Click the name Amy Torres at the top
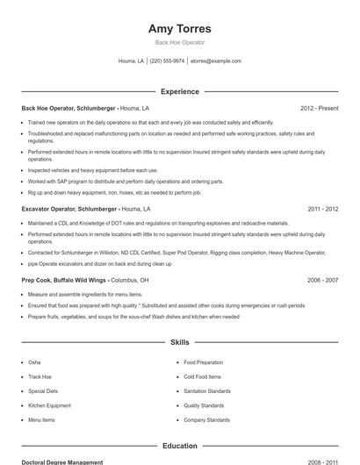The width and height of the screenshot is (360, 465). click(179, 28)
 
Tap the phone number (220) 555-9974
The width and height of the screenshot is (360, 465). click(167, 61)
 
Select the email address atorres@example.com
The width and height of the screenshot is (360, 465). click(216, 61)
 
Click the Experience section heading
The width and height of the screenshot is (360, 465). click(179, 91)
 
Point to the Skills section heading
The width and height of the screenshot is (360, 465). click(179, 341)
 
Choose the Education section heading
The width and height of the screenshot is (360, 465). click(179, 446)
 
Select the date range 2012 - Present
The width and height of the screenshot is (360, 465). click(319, 108)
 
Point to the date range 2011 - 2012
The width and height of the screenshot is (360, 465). click(322, 210)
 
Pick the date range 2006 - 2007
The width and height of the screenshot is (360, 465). click(322, 280)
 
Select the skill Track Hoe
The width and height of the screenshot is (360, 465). click(40, 376)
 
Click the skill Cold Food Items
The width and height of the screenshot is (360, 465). click(202, 376)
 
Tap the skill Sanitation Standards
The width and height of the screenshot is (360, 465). click(207, 391)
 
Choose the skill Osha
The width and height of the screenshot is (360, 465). click(34, 361)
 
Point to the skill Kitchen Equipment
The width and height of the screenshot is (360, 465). click(49, 405)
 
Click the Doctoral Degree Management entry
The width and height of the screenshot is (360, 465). click(61, 461)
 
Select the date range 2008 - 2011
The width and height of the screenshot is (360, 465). click(322, 461)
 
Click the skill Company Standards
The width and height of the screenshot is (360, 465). click(206, 420)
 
